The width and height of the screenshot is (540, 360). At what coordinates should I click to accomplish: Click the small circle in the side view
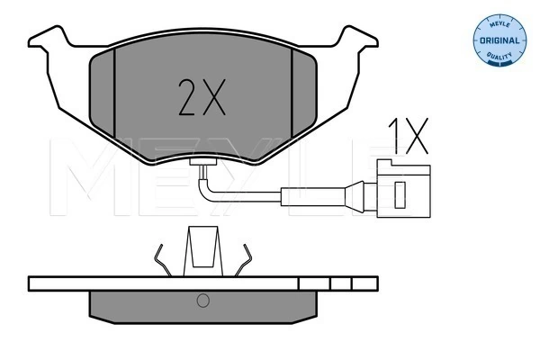(x=202, y=300)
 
